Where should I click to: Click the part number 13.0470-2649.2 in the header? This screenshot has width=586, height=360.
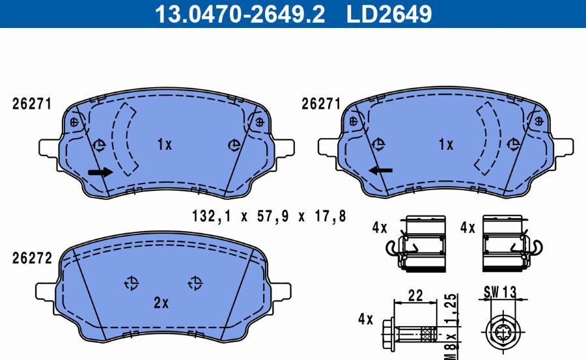[240, 14]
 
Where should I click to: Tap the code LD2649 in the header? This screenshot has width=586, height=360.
[389, 14]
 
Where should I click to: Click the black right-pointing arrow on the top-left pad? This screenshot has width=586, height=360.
[100, 172]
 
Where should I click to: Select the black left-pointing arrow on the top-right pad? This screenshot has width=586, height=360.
[380, 171]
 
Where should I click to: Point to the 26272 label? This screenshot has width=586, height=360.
[32, 258]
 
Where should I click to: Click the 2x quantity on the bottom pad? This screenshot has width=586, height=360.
[161, 303]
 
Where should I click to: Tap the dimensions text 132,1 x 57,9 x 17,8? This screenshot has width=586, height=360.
[269, 216]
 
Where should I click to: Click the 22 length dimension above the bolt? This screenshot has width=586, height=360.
[415, 296]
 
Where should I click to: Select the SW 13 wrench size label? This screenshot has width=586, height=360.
[499, 292]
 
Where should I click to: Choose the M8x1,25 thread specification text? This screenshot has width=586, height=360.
[451, 327]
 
